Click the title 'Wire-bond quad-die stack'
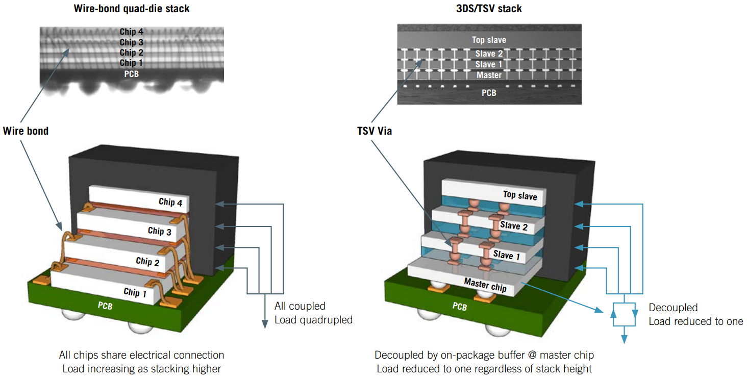[131, 9]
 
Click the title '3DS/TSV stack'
[489, 9]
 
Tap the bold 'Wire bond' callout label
[26, 131]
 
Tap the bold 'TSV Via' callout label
[374, 131]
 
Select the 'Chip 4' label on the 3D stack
[170, 202]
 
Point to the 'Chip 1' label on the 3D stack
[135, 292]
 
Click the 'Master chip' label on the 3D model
[485, 285]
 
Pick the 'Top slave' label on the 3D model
[519, 195]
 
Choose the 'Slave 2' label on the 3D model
[513, 225]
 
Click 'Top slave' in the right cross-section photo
[489, 40]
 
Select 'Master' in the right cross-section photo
[489, 75]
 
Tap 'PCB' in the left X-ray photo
[131, 74]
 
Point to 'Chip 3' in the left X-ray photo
[131, 42]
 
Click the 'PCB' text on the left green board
[106, 306]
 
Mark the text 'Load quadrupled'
[313, 320]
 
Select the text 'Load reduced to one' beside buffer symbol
[695, 321]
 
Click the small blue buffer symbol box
[624, 314]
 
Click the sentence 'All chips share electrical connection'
[141, 355]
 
